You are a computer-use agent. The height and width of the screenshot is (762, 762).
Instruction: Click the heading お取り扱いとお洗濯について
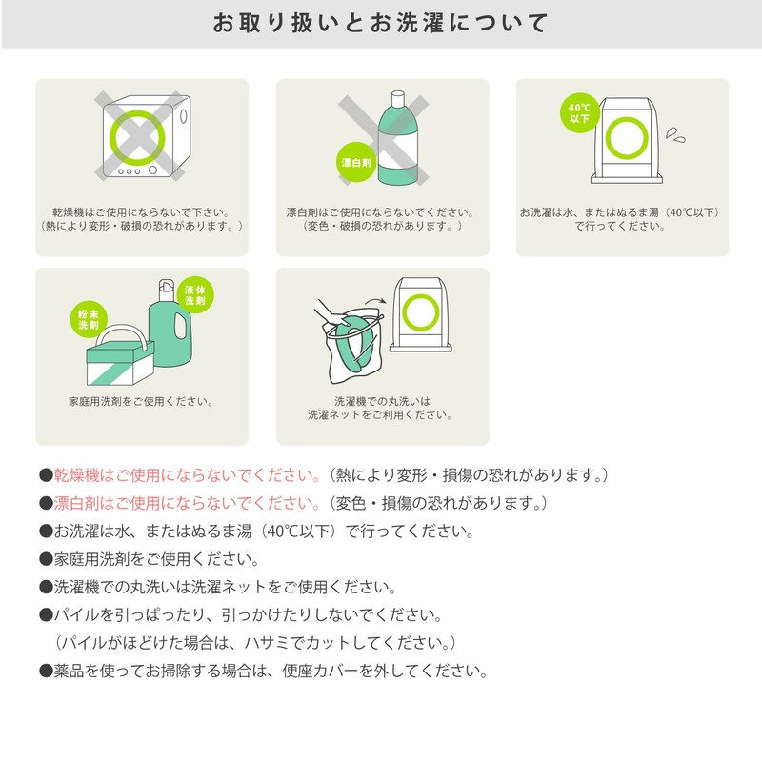(380, 23)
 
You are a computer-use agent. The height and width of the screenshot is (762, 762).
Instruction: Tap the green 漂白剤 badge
(356, 162)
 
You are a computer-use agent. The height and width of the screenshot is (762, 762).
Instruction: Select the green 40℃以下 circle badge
(579, 112)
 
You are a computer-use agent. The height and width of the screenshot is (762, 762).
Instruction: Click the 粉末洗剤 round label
(89, 320)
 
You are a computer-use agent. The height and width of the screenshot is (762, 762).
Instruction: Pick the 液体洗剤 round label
(195, 295)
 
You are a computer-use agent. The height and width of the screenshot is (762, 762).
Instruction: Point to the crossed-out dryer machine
(146, 136)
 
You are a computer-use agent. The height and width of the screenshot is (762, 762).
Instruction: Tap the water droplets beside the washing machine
(675, 134)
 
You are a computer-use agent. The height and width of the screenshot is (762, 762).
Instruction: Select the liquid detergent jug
(170, 324)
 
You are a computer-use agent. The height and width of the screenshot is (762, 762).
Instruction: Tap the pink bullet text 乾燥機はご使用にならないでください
(187, 474)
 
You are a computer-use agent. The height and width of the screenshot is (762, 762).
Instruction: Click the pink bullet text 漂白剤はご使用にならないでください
(187, 503)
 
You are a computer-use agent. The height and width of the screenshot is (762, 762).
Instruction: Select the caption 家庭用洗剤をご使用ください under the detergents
(141, 401)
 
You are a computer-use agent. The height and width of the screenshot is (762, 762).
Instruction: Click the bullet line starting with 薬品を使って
(264, 672)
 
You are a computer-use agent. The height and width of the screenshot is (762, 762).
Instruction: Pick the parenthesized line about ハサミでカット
(255, 643)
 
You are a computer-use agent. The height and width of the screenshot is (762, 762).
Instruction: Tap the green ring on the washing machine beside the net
(421, 312)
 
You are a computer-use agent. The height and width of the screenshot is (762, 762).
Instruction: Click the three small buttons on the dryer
(130, 171)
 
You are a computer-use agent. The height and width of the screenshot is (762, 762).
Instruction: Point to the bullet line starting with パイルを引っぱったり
(241, 615)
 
